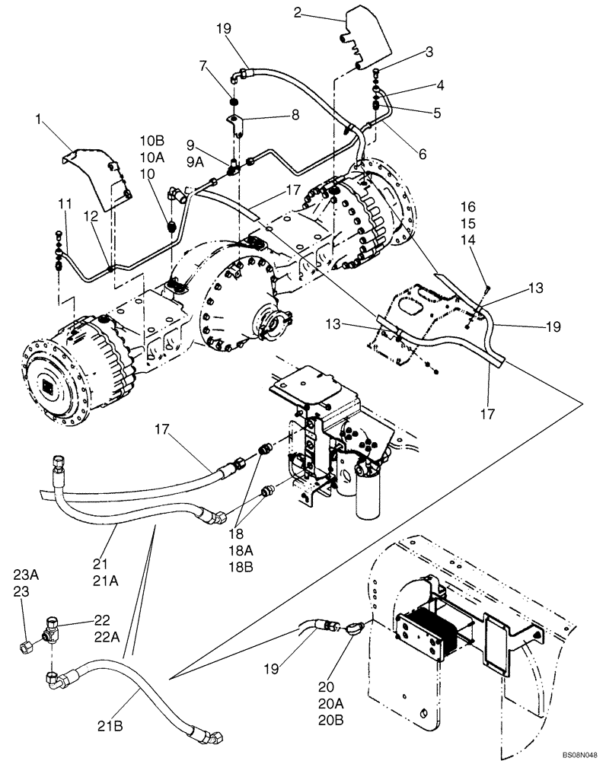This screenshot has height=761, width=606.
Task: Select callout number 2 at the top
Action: pyautogui.click(x=298, y=11)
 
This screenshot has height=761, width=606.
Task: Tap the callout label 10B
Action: pyautogui.click(x=151, y=142)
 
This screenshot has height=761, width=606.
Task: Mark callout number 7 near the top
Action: pyautogui.click(x=203, y=67)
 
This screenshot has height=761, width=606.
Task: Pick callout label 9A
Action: pyautogui.click(x=196, y=161)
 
